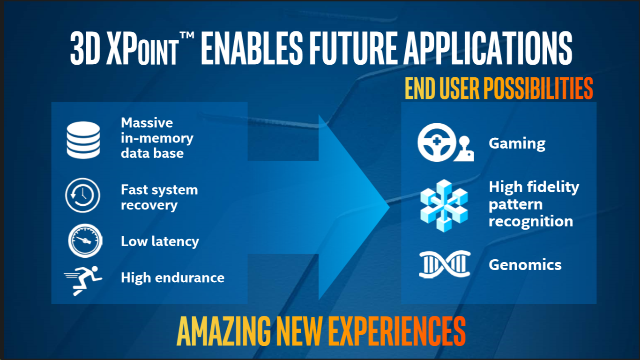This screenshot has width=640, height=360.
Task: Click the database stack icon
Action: pyautogui.click(x=83, y=140)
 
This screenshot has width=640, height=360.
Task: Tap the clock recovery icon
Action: pyautogui.click(x=82, y=195)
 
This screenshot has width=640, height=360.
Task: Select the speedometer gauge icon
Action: pyautogui.click(x=85, y=241)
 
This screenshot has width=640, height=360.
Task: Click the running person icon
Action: pyautogui.click(x=83, y=280)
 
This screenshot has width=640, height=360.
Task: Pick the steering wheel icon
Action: pyautogui.click(x=437, y=142)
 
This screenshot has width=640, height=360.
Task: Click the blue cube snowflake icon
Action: pyautogui.click(x=444, y=206)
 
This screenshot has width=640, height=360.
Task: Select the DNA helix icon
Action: pyautogui.click(x=445, y=264)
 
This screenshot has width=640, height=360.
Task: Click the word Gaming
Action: pyautogui.click(x=517, y=144)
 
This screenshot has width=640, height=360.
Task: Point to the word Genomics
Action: pyautogui.click(x=525, y=265)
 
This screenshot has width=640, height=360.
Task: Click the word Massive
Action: pyautogui.click(x=147, y=123)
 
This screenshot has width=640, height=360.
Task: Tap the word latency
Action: pyautogui.click(x=175, y=241)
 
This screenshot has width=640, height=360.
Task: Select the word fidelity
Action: pyautogui.click(x=553, y=187)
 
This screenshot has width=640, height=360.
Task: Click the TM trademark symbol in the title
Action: pyautogui.click(x=187, y=36)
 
